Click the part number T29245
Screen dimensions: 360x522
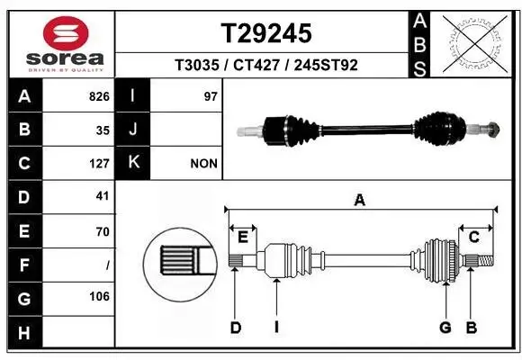tap(267, 33)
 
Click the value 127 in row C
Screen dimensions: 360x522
tap(99, 164)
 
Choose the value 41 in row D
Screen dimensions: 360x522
tap(103, 195)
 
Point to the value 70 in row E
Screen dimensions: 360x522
tap(103, 231)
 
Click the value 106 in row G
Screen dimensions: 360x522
tap(99, 296)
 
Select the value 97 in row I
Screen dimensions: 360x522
tap(211, 95)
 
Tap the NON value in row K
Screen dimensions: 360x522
tap(202, 164)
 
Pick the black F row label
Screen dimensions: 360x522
tap(23, 265)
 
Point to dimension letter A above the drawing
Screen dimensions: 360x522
tap(359, 201)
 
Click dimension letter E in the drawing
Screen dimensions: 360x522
tap(243, 236)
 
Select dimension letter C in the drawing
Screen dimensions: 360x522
tap(473, 236)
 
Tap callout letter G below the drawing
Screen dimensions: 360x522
tap(445, 328)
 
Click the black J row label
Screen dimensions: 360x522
tap(132, 130)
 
